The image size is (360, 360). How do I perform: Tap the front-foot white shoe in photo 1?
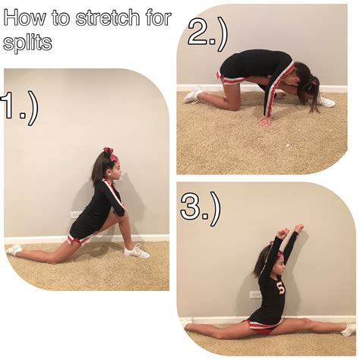(x=137, y=251)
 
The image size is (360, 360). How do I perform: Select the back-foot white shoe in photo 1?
(x=14, y=249)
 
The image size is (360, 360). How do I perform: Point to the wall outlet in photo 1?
(x=76, y=215)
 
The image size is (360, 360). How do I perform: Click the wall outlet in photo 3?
(x=255, y=294)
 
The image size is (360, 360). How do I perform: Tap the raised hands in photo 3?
(x=289, y=230)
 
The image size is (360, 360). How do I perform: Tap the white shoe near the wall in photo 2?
(x=193, y=94)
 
